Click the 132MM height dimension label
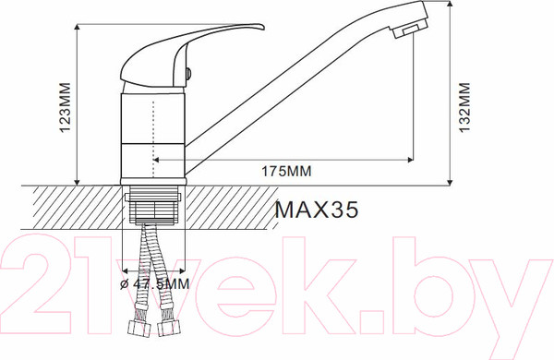coord(464,103)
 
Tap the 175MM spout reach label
coord(285,172)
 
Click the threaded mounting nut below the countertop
coord(153,209)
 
